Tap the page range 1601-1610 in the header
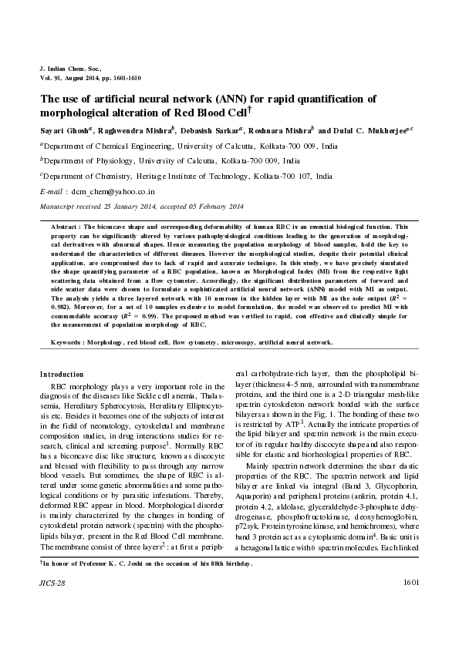coord(123,78)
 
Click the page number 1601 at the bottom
coord(410,604)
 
